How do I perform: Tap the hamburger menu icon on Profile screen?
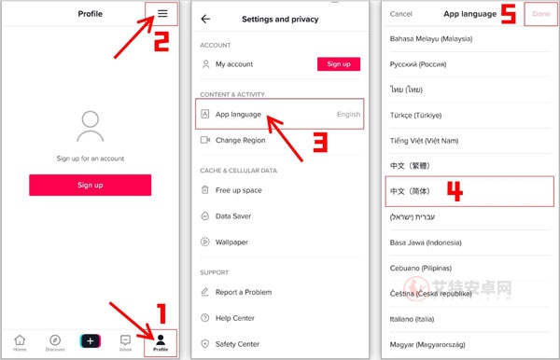pyautogui.click(x=162, y=14)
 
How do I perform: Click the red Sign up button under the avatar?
pyautogui.click(x=90, y=185)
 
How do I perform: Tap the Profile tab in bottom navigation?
pyautogui.click(x=161, y=342)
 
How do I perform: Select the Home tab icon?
pyautogui.click(x=20, y=342)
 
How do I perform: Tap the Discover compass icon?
pyautogui.click(x=55, y=342)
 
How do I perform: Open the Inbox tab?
pyautogui.click(x=125, y=342)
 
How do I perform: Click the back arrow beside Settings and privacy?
pyautogui.click(x=205, y=19)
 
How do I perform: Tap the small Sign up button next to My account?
pyautogui.click(x=338, y=64)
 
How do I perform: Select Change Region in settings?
pyautogui.click(x=240, y=140)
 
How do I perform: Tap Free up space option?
pyautogui.click(x=238, y=190)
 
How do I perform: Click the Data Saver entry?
pyautogui.click(x=233, y=215)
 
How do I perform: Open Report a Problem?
pyautogui.click(x=245, y=292)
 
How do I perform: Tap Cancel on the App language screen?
pyautogui.click(x=400, y=14)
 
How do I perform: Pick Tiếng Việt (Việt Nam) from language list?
pyautogui.click(x=425, y=140)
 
